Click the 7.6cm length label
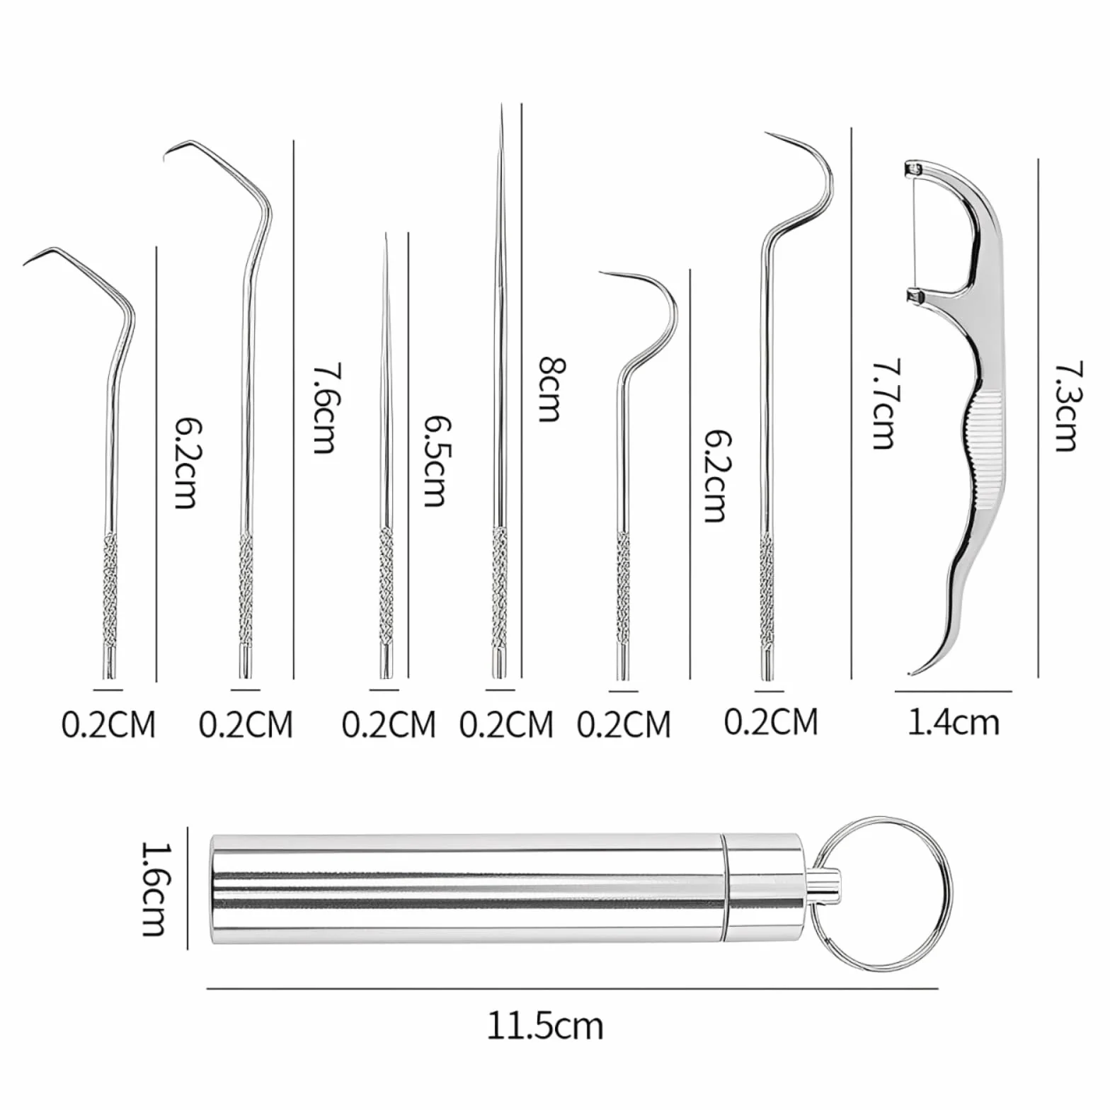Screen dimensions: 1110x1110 (x=325, y=408)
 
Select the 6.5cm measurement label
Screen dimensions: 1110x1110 (x=436, y=461)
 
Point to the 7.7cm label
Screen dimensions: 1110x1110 (x=883, y=404)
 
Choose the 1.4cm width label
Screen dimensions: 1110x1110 (x=954, y=722)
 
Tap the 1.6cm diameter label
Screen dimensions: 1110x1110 (x=155, y=888)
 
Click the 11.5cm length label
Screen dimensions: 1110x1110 (x=545, y=1026)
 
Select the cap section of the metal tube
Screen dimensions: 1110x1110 (x=763, y=888)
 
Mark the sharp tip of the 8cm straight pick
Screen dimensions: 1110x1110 (x=502, y=105)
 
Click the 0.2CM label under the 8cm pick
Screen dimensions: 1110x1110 (x=506, y=724)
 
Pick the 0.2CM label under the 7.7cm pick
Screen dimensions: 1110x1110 (x=771, y=722)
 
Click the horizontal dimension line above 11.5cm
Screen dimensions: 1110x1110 (x=573, y=989)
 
